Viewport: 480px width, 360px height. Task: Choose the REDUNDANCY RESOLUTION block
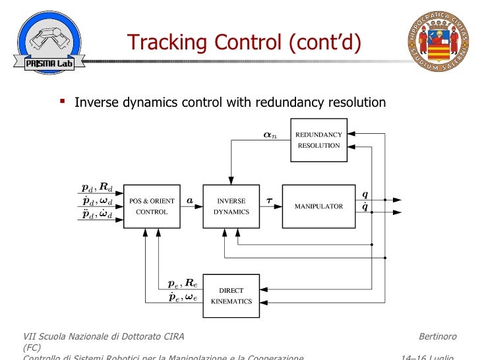click(x=318, y=140)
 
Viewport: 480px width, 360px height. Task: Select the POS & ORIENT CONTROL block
click(x=152, y=206)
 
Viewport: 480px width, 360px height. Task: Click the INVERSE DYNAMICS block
click(x=231, y=206)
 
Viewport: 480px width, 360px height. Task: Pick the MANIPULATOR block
click(x=318, y=206)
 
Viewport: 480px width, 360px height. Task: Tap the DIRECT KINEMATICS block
click(x=231, y=295)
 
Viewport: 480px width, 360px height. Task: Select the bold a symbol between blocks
click(x=190, y=199)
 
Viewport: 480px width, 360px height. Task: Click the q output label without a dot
click(x=365, y=195)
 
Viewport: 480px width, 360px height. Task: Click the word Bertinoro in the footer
click(x=438, y=337)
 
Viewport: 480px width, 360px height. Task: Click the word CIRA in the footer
click(x=170, y=337)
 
